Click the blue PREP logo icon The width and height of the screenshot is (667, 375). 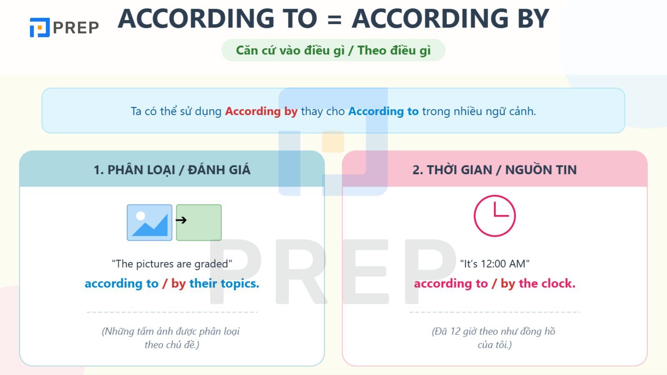(x=40, y=27)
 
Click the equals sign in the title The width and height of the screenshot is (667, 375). (x=334, y=19)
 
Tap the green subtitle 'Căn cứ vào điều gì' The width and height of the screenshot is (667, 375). (x=290, y=50)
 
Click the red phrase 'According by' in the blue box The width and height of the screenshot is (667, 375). (x=261, y=111)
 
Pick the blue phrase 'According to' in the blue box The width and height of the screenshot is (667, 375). (x=384, y=111)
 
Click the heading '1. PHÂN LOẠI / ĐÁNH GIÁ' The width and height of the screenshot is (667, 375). (x=172, y=170)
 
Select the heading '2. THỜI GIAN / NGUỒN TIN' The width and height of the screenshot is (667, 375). (x=494, y=170)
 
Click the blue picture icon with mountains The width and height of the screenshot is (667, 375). (x=150, y=222)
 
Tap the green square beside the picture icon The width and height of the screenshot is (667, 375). (x=199, y=222)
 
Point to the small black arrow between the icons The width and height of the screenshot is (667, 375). (x=181, y=220)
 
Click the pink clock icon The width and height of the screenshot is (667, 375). (x=494, y=216)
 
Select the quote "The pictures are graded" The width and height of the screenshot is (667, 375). (x=172, y=264)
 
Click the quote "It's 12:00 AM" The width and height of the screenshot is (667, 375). (x=494, y=264)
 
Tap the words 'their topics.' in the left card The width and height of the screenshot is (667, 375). (x=224, y=284)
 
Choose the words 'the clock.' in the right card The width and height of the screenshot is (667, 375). (x=547, y=284)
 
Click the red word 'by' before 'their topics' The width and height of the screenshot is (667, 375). (x=178, y=284)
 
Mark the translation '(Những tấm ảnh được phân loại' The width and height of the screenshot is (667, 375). (x=171, y=332)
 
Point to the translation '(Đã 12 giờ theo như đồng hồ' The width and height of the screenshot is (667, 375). (x=494, y=332)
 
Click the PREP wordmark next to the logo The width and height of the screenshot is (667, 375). (x=75, y=27)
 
